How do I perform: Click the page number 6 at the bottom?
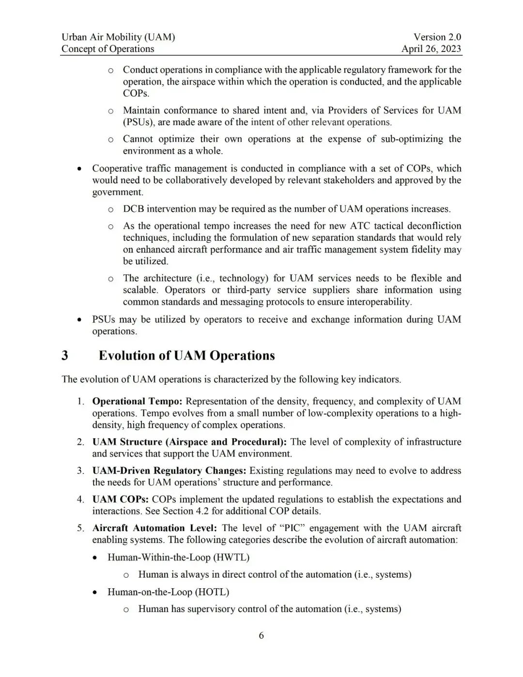click(x=261, y=635)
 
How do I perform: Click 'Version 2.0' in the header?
click(x=437, y=37)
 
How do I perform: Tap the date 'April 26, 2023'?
click(x=431, y=48)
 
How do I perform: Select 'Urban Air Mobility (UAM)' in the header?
click(x=118, y=37)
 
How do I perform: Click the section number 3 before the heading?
click(x=65, y=356)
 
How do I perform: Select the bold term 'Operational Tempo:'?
click(x=137, y=401)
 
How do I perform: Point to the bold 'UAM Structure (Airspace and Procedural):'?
click(x=189, y=442)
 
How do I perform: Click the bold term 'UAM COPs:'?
click(x=120, y=499)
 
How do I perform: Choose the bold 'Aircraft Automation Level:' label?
click(x=154, y=528)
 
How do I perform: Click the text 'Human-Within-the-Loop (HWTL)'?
click(x=178, y=557)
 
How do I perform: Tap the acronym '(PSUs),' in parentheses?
click(x=139, y=122)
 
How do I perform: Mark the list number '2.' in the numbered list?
click(x=80, y=442)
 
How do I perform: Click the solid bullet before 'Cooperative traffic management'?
click(x=79, y=169)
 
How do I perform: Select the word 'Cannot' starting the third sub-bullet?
click(x=138, y=139)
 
